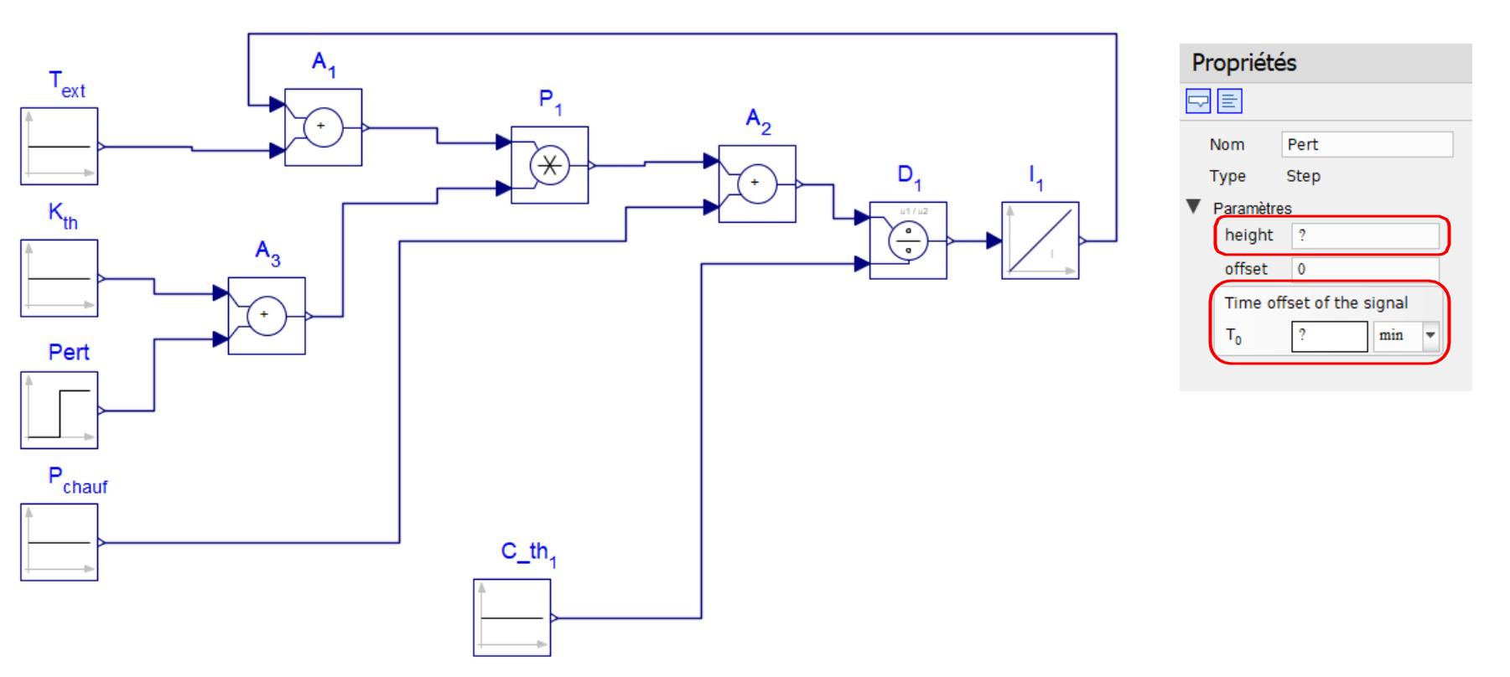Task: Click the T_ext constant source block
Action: [x=60, y=146]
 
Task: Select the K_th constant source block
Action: [x=60, y=278]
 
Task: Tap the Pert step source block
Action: [x=60, y=411]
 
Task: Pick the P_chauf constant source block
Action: [x=60, y=542]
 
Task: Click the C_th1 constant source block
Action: [x=512, y=618]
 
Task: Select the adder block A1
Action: [x=324, y=127]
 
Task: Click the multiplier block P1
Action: [x=550, y=165]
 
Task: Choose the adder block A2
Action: [x=757, y=183]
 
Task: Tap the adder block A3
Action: [x=267, y=316]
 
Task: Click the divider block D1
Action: [x=908, y=240]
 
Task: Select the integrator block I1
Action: [x=1040, y=240]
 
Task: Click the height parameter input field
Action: [x=1366, y=235]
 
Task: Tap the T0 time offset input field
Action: [x=1330, y=336]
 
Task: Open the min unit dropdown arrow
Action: [x=1430, y=336]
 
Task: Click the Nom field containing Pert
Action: [x=1367, y=144]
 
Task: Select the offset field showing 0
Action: [x=1366, y=269]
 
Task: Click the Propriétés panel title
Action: [x=1244, y=63]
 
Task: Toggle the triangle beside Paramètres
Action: [x=1194, y=206]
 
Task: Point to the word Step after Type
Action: [x=1303, y=177]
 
